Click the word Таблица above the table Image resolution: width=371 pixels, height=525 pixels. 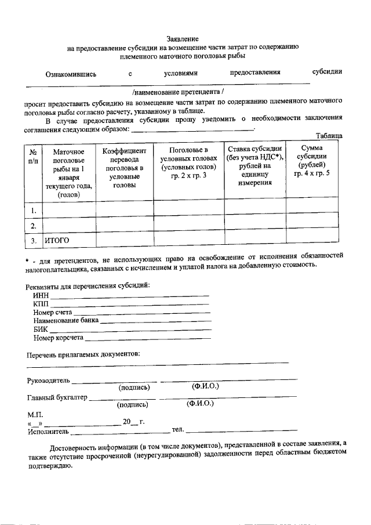pos(329,136)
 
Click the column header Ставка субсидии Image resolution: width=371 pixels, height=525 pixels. pos(254,166)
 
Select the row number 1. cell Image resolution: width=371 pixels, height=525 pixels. pos(34,209)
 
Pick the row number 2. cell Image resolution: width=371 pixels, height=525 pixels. pos(34,225)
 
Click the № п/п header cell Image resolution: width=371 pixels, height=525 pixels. pos(34,156)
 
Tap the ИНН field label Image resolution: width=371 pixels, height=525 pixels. pos(41,296)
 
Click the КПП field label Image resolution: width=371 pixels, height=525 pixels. pos(41,305)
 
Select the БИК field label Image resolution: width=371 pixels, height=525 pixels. pos(41,329)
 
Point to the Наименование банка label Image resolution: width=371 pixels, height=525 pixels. pos(66,321)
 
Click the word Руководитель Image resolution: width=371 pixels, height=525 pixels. pos(48,381)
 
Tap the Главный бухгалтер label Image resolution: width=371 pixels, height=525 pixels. pos(57,398)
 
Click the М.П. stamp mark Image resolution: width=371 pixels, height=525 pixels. pos(35,415)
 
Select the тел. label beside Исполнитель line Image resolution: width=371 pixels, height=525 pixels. pos(177,430)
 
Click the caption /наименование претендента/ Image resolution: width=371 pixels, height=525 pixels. pos(177,92)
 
